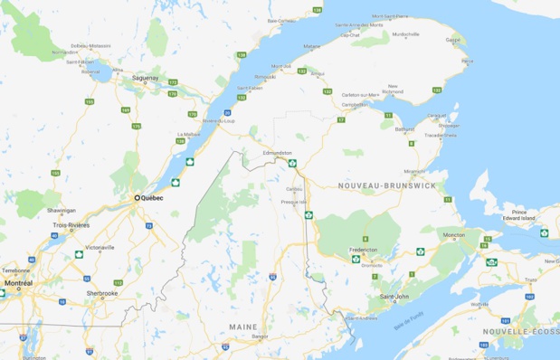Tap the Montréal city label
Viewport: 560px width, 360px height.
tap(17, 283)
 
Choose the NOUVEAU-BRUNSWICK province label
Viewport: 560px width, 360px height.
tap(386, 185)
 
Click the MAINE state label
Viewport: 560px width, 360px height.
tap(242, 326)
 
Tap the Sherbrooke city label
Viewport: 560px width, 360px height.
tap(102, 293)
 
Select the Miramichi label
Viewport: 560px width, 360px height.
tap(414, 169)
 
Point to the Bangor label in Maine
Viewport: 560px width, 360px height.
tap(261, 336)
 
